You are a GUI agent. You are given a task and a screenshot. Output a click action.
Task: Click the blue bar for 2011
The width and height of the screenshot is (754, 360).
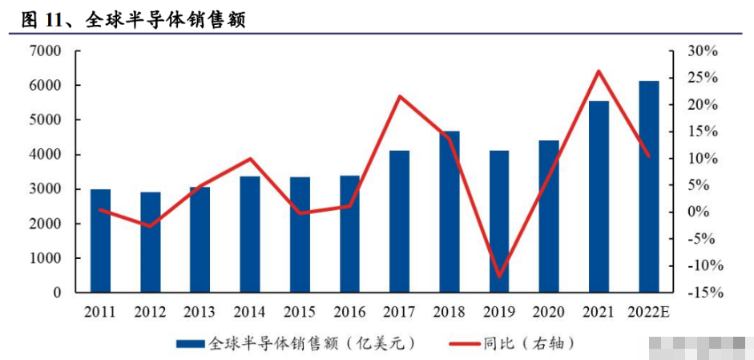tap(100, 241)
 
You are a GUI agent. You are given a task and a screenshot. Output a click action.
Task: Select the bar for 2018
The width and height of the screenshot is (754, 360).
tap(449, 212)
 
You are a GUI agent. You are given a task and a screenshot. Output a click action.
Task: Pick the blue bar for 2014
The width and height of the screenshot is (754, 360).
tap(250, 234)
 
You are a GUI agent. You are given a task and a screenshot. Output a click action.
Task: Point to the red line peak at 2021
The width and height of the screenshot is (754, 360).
tap(599, 71)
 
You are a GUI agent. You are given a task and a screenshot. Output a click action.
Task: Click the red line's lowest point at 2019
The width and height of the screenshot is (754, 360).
tap(499, 276)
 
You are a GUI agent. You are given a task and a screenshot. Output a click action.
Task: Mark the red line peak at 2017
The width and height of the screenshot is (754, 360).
tap(399, 97)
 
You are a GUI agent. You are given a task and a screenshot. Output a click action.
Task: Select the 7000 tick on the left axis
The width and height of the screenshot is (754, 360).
tap(46, 51)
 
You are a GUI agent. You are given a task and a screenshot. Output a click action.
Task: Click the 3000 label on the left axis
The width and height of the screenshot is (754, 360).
tap(46, 190)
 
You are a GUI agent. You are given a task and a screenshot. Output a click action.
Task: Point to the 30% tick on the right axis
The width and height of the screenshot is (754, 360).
tap(703, 51)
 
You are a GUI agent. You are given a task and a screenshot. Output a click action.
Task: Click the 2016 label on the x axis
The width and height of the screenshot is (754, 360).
tap(349, 312)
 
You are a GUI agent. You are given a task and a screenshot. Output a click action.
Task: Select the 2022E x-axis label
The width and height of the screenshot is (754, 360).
tap(648, 312)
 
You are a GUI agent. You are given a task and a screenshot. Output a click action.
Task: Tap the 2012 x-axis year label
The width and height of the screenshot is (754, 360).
tap(150, 312)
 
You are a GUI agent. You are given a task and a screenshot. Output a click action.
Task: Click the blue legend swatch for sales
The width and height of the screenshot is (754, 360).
tap(190, 344)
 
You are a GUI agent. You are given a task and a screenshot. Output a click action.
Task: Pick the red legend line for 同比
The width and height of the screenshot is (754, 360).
tap(456, 344)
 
